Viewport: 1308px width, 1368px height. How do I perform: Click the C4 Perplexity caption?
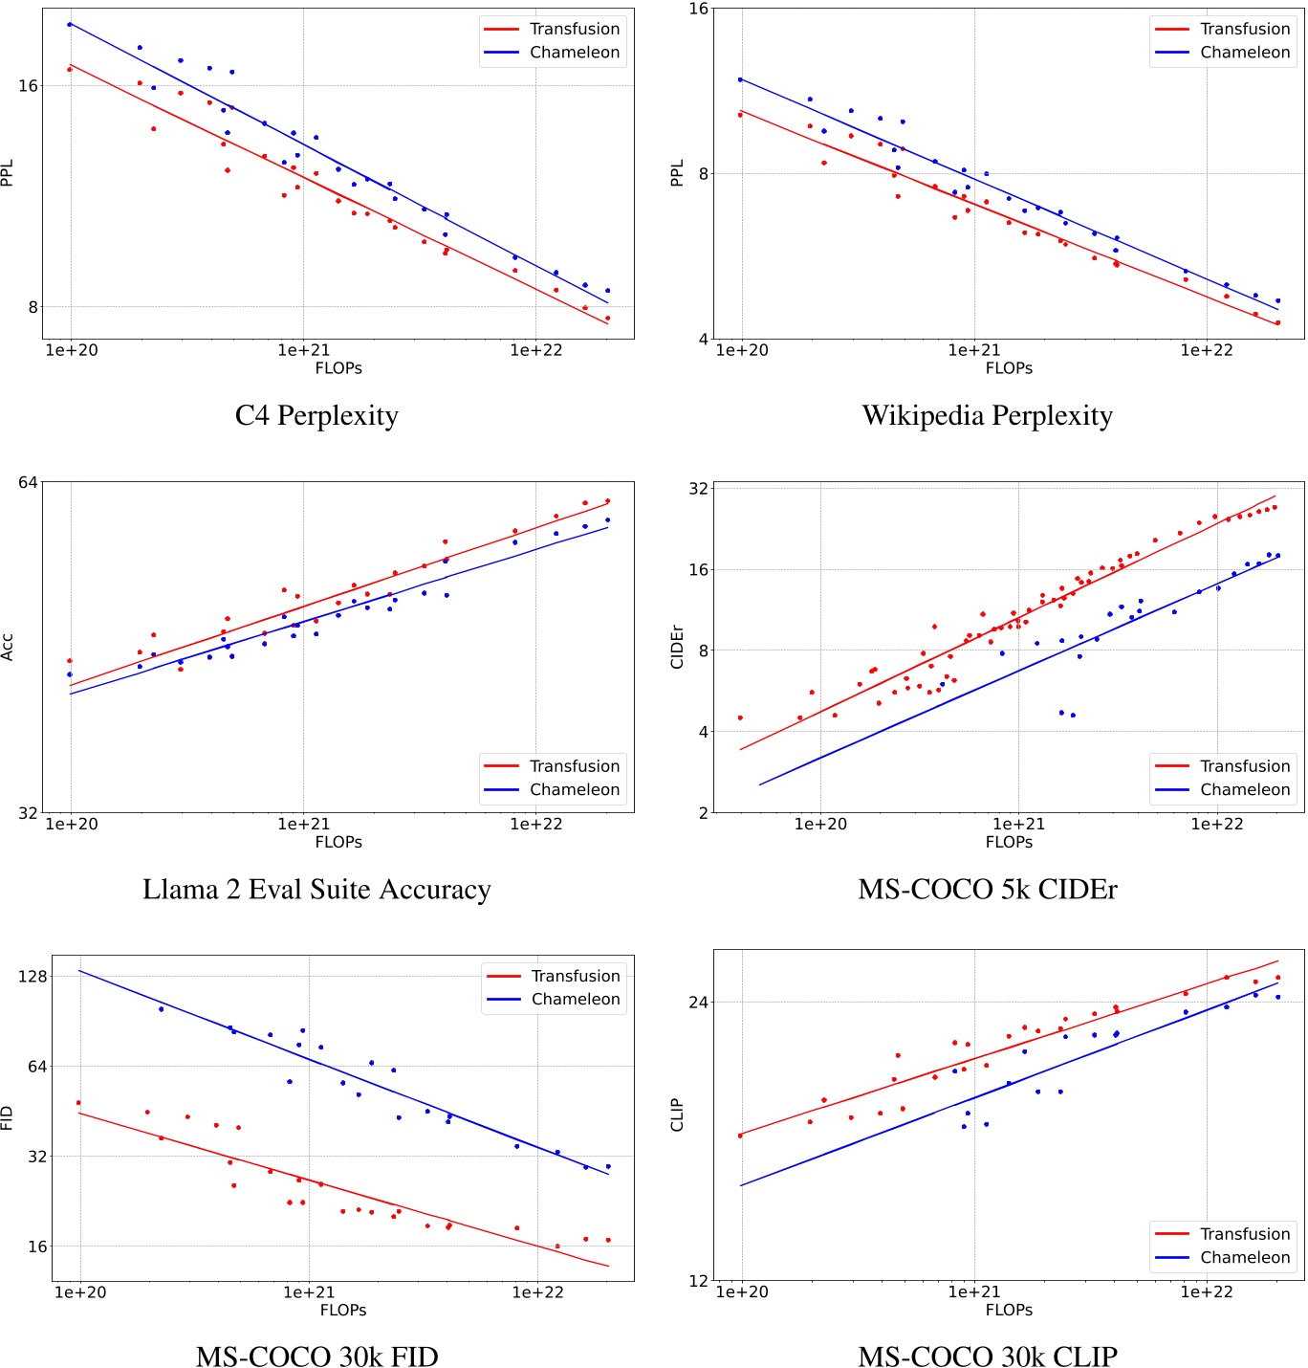point(316,415)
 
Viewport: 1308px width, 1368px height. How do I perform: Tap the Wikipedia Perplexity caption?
point(987,415)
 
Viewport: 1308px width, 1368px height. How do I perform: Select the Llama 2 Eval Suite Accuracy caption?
point(316,889)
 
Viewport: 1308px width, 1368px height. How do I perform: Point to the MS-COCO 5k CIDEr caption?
point(987,889)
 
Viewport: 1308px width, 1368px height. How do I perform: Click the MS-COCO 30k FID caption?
point(316,1356)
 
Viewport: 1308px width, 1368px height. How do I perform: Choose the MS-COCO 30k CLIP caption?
point(987,1356)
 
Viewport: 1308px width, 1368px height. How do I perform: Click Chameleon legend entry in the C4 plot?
point(574,53)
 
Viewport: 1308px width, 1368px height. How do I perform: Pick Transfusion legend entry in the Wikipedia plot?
point(1244,30)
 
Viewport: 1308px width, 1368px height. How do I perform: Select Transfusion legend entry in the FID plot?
point(575,976)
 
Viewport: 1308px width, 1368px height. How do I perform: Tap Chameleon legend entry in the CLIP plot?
point(1244,1257)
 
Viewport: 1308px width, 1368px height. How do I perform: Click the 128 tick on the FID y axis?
point(32,976)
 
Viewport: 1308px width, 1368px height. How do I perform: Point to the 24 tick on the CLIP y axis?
point(699,1002)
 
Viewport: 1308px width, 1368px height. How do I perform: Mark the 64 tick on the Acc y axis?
point(29,482)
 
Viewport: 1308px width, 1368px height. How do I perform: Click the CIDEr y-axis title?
point(677,647)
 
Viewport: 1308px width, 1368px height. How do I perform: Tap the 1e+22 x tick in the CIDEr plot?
point(1216,824)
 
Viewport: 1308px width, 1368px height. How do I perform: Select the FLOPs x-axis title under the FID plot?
point(342,1310)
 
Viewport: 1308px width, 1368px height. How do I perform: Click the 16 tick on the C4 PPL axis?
point(29,86)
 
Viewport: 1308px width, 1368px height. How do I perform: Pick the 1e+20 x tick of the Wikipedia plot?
point(741,350)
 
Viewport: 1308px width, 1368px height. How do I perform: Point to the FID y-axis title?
point(8,1117)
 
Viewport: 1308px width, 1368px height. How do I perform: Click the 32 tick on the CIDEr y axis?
point(699,488)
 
